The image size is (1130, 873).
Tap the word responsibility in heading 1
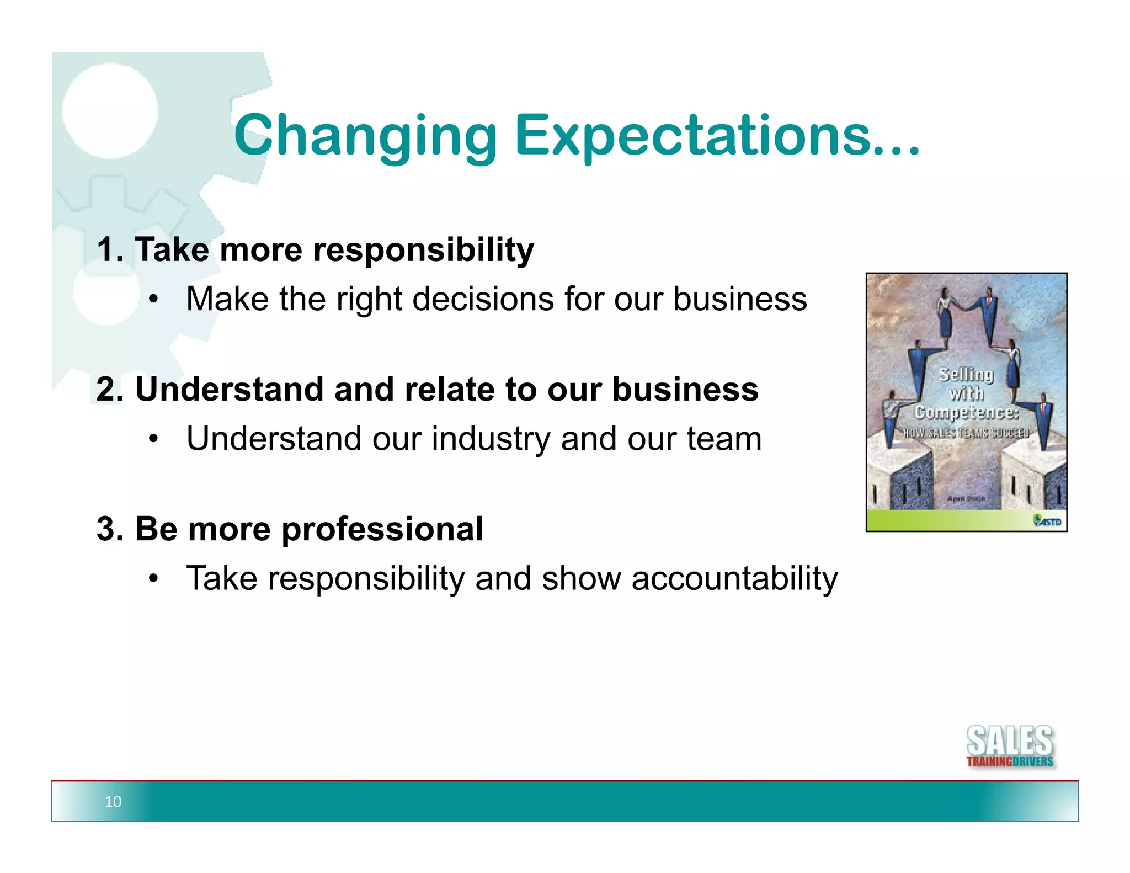(423, 251)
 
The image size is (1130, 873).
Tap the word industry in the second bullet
(491, 440)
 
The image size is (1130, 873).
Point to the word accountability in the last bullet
(734, 579)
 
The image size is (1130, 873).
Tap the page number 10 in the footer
(113, 801)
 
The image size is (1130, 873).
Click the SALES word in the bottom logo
(1010, 741)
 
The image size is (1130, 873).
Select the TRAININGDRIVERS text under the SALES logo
(1010, 762)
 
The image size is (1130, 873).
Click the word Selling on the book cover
(966, 374)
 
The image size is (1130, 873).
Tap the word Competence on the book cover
(966, 412)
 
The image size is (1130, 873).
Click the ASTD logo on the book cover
(1047, 521)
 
